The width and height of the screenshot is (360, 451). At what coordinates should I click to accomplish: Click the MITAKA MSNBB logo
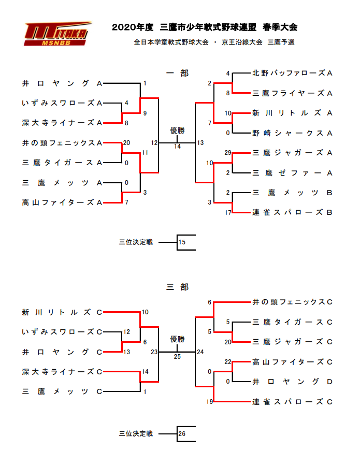[x=57, y=34]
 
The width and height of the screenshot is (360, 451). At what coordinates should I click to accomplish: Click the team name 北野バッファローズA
[x=292, y=73]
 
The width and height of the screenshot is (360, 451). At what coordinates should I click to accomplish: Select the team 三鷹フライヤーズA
[x=292, y=93]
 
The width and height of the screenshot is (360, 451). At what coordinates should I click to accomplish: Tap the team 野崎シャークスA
[x=292, y=133]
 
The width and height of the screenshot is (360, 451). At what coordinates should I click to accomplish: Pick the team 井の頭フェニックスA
[x=62, y=143]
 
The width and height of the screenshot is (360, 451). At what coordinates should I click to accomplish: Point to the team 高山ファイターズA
[x=62, y=203]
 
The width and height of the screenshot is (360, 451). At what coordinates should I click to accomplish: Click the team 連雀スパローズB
[x=292, y=213]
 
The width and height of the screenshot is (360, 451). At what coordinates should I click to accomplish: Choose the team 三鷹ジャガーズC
[x=292, y=342]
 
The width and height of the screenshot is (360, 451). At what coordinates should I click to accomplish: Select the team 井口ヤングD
[x=292, y=382]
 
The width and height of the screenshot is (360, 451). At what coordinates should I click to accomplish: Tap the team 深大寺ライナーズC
[x=62, y=372]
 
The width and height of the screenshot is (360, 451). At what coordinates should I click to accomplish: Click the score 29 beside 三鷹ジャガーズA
[x=227, y=153]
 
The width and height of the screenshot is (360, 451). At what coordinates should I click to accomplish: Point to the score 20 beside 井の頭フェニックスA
[x=126, y=143]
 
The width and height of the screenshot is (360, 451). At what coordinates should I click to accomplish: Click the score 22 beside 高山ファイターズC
[x=227, y=362]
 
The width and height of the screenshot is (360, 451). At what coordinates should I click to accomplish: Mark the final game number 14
[x=177, y=147]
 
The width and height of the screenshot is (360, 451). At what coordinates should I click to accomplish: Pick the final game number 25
[x=177, y=357]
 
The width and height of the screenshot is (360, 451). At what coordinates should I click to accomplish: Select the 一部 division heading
[x=177, y=74]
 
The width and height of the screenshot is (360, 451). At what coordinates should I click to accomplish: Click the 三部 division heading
[x=177, y=287]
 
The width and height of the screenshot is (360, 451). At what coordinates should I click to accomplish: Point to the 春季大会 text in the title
[x=280, y=27]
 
